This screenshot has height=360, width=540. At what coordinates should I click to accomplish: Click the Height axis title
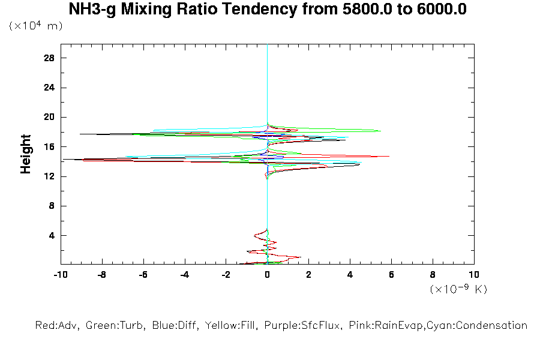pyautogui.click(x=26, y=155)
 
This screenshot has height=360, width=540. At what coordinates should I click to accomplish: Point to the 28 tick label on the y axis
pyautogui.click(x=49, y=58)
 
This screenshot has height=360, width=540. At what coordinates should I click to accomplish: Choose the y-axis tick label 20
pyautogui.click(x=49, y=117)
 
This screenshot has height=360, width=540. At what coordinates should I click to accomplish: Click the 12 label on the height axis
pyautogui.click(x=49, y=176)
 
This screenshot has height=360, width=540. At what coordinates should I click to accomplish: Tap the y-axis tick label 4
pyautogui.click(x=52, y=235)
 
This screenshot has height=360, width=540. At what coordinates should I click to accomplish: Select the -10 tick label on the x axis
pyautogui.click(x=60, y=275)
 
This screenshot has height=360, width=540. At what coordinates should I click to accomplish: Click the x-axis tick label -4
pyautogui.click(x=184, y=275)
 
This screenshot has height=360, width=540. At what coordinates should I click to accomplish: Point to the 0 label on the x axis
pyautogui.click(x=267, y=275)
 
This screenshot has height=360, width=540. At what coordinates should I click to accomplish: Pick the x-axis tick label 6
pyautogui.click(x=391, y=275)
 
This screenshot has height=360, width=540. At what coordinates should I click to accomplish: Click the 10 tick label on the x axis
pyautogui.click(x=474, y=275)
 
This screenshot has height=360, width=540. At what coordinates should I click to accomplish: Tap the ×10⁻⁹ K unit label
pyautogui.click(x=458, y=289)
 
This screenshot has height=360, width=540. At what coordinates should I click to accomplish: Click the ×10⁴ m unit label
pyautogui.click(x=35, y=26)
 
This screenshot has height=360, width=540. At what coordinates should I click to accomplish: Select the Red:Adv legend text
pyautogui.click(x=58, y=326)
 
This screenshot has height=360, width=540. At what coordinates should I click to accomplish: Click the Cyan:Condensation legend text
pyautogui.click(x=484, y=326)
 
